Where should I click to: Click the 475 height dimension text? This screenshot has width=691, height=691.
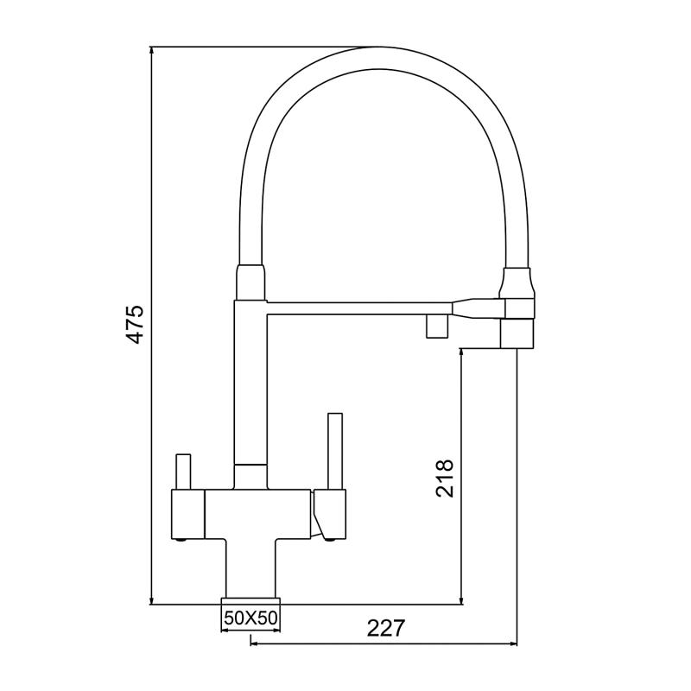click(x=135, y=325)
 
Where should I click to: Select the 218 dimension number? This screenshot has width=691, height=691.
click(x=445, y=477)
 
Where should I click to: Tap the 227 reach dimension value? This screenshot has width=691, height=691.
click(x=386, y=628)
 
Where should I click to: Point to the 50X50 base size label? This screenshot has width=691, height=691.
click(x=250, y=618)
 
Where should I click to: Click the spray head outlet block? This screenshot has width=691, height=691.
click(x=518, y=333)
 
